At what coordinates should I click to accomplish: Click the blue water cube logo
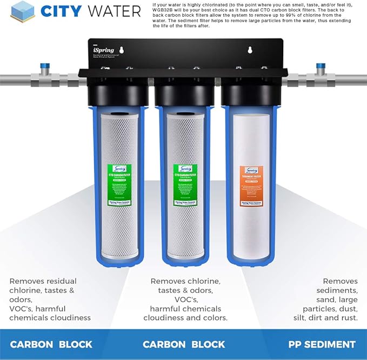click(23, 11)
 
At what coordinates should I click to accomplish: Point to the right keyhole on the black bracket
click(250, 51)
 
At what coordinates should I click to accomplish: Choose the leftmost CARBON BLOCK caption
click(51, 344)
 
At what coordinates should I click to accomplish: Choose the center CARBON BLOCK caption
click(184, 344)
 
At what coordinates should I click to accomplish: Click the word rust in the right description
click(348, 318)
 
